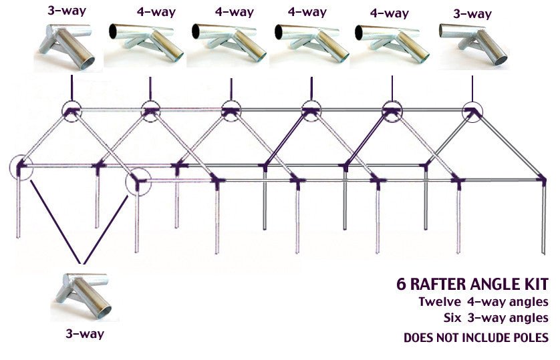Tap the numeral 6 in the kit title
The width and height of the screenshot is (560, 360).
click(401, 283)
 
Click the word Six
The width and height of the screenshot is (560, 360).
click(454, 317)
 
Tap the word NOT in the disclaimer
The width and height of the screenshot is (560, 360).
click(448, 338)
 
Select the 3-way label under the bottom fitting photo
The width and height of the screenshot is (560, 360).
click(84, 333)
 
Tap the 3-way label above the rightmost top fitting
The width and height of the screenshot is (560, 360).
click(472, 14)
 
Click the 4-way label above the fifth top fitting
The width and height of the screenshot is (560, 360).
click(389, 13)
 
